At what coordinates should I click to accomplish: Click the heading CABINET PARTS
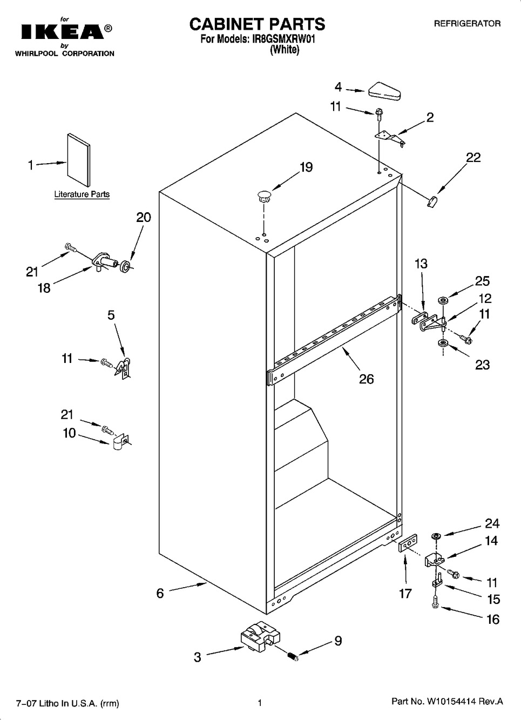point(257,24)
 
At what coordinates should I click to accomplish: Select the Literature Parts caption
point(82,194)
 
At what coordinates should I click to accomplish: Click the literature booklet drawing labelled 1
point(79,160)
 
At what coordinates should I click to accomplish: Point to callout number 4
point(338,87)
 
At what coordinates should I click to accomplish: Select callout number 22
point(473,158)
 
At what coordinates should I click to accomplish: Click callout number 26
point(367,379)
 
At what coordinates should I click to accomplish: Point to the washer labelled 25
point(443,300)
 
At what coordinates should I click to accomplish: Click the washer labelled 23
point(443,343)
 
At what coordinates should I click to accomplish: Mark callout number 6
point(160,594)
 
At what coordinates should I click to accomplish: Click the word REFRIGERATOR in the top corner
point(468,23)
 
